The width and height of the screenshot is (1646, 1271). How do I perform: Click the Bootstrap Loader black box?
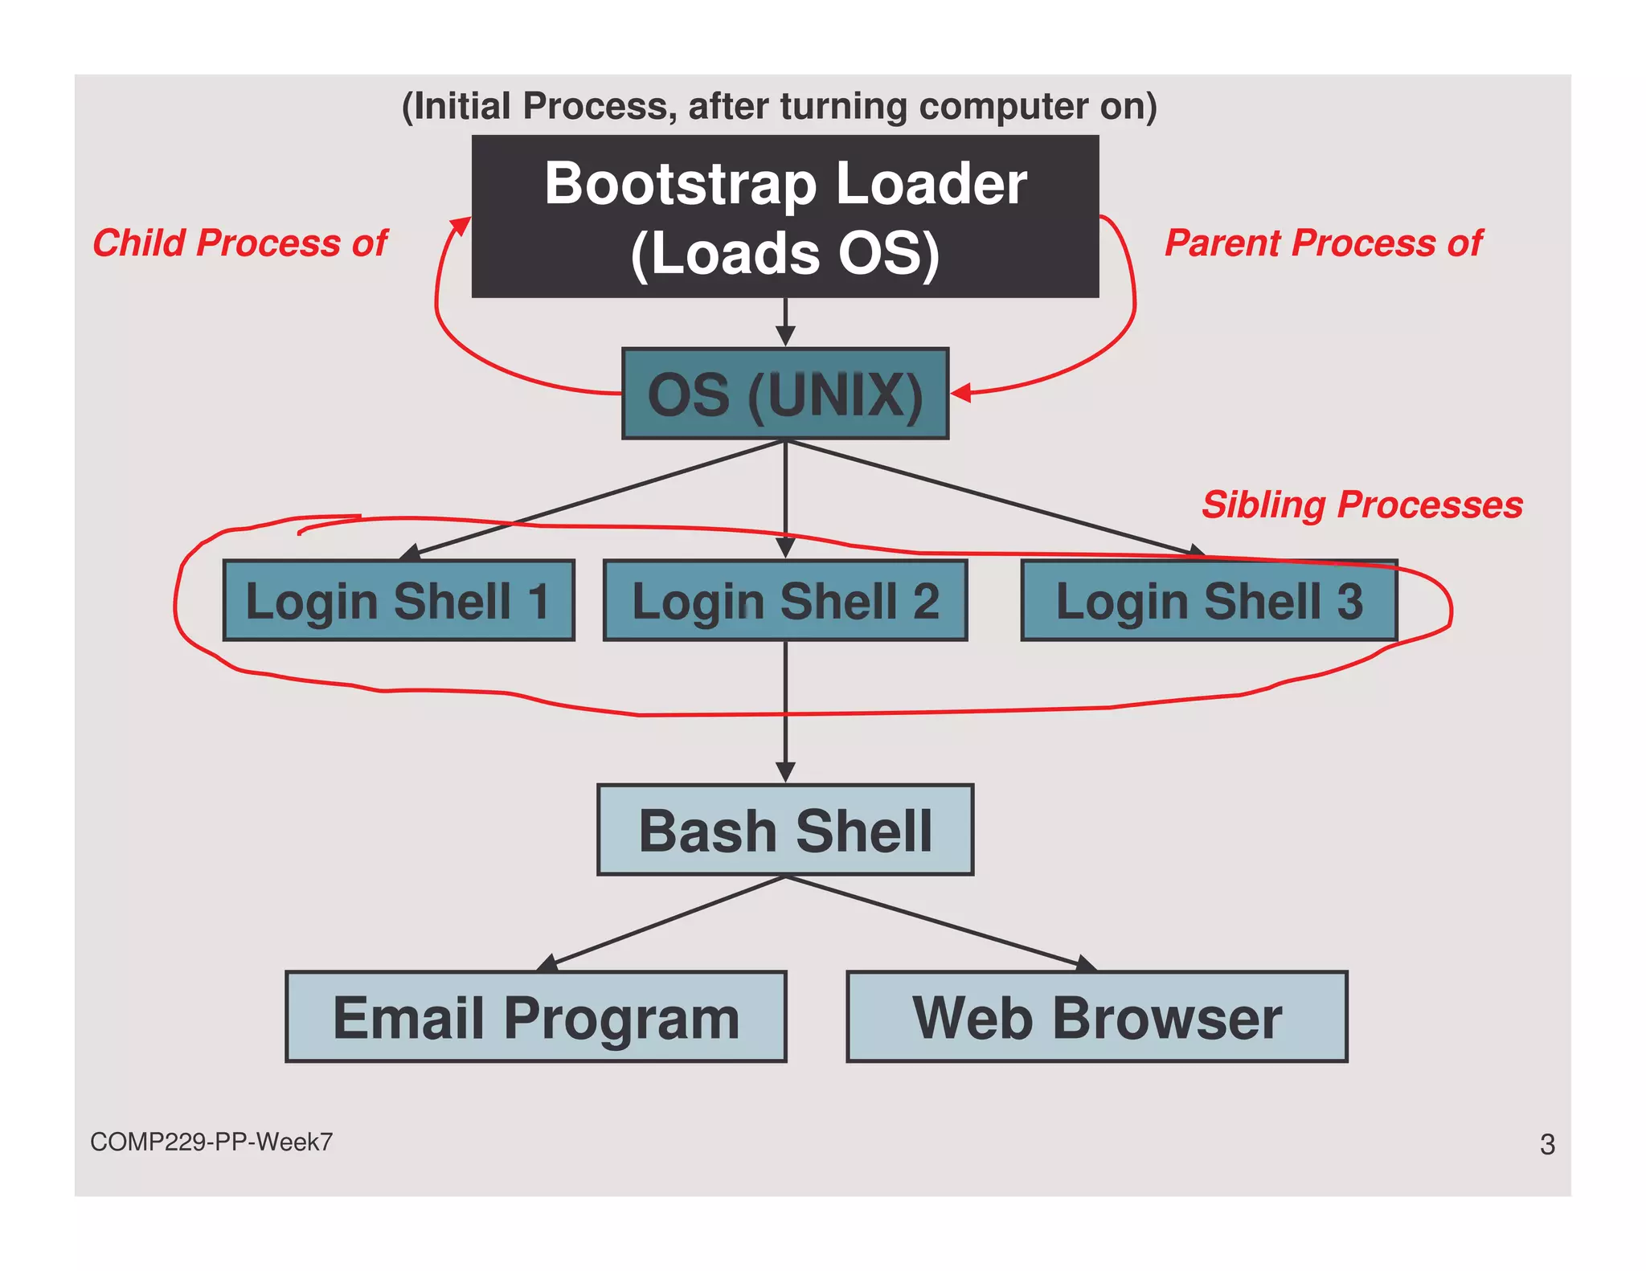[784, 216]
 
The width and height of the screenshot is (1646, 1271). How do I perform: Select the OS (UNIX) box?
[784, 394]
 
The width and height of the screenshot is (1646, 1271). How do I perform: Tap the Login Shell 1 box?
[399, 600]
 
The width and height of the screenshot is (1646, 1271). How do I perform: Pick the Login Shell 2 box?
[784, 600]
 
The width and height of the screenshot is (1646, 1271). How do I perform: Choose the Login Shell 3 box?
[1209, 600]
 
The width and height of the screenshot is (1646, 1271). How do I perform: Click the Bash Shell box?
[784, 830]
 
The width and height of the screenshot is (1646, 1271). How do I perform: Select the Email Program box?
[535, 1017]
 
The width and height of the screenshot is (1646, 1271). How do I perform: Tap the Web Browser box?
[1096, 1017]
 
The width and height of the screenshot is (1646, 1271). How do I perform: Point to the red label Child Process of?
[240, 243]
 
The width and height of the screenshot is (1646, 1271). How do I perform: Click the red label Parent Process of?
[1323, 243]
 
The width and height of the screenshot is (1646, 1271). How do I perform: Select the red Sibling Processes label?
[1361, 505]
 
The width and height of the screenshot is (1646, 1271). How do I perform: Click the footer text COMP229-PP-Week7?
[211, 1142]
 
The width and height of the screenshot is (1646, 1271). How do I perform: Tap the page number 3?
[1547, 1144]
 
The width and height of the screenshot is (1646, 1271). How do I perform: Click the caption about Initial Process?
[778, 106]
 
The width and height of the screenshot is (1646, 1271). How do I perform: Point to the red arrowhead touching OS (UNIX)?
[961, 393]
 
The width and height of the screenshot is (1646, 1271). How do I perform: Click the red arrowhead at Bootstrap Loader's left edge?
[461, 226]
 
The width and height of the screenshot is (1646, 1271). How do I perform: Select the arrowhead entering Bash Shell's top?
[785, 772]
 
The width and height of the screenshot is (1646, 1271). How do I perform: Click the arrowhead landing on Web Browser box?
[1086, 964]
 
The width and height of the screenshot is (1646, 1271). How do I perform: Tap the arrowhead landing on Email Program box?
[548, 963]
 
